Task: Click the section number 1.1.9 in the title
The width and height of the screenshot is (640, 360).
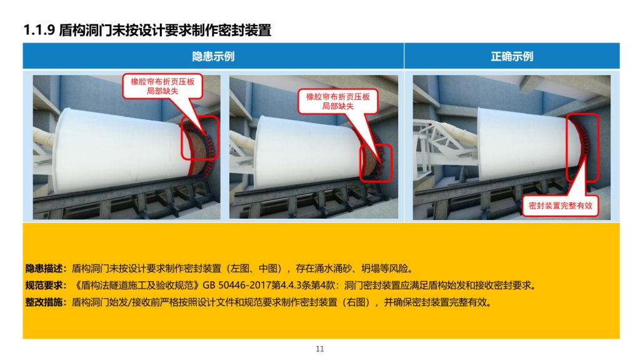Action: tap(39, 30)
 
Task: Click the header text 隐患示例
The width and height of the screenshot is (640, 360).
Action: tap(213, 56)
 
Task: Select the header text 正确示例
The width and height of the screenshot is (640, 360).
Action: tap(511, 56)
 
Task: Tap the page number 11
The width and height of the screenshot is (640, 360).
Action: tap(320, 349)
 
